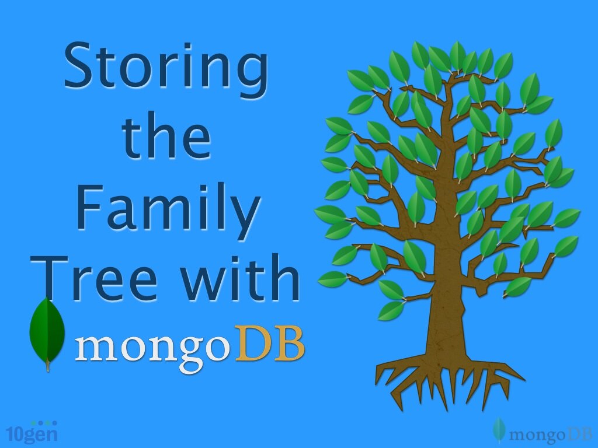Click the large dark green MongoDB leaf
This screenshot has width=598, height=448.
coord(47,332)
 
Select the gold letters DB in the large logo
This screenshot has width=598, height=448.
coord(270,344)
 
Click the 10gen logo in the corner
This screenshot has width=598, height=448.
coord(32,433)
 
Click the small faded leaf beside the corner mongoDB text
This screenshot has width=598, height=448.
coord(498,430)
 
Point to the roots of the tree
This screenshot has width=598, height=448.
coord(444,379)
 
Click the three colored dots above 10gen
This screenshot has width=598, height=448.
coord(43,423)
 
